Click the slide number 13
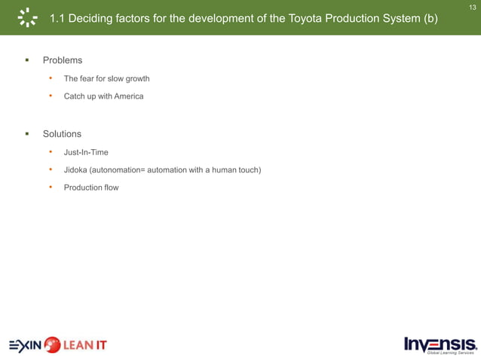473,7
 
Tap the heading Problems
62,59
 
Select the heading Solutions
62,134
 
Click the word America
128,96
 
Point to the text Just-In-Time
86,153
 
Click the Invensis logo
440,345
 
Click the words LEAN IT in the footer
85,346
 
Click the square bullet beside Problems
26,59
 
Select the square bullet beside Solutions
26,134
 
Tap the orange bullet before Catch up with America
51,96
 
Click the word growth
135,78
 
